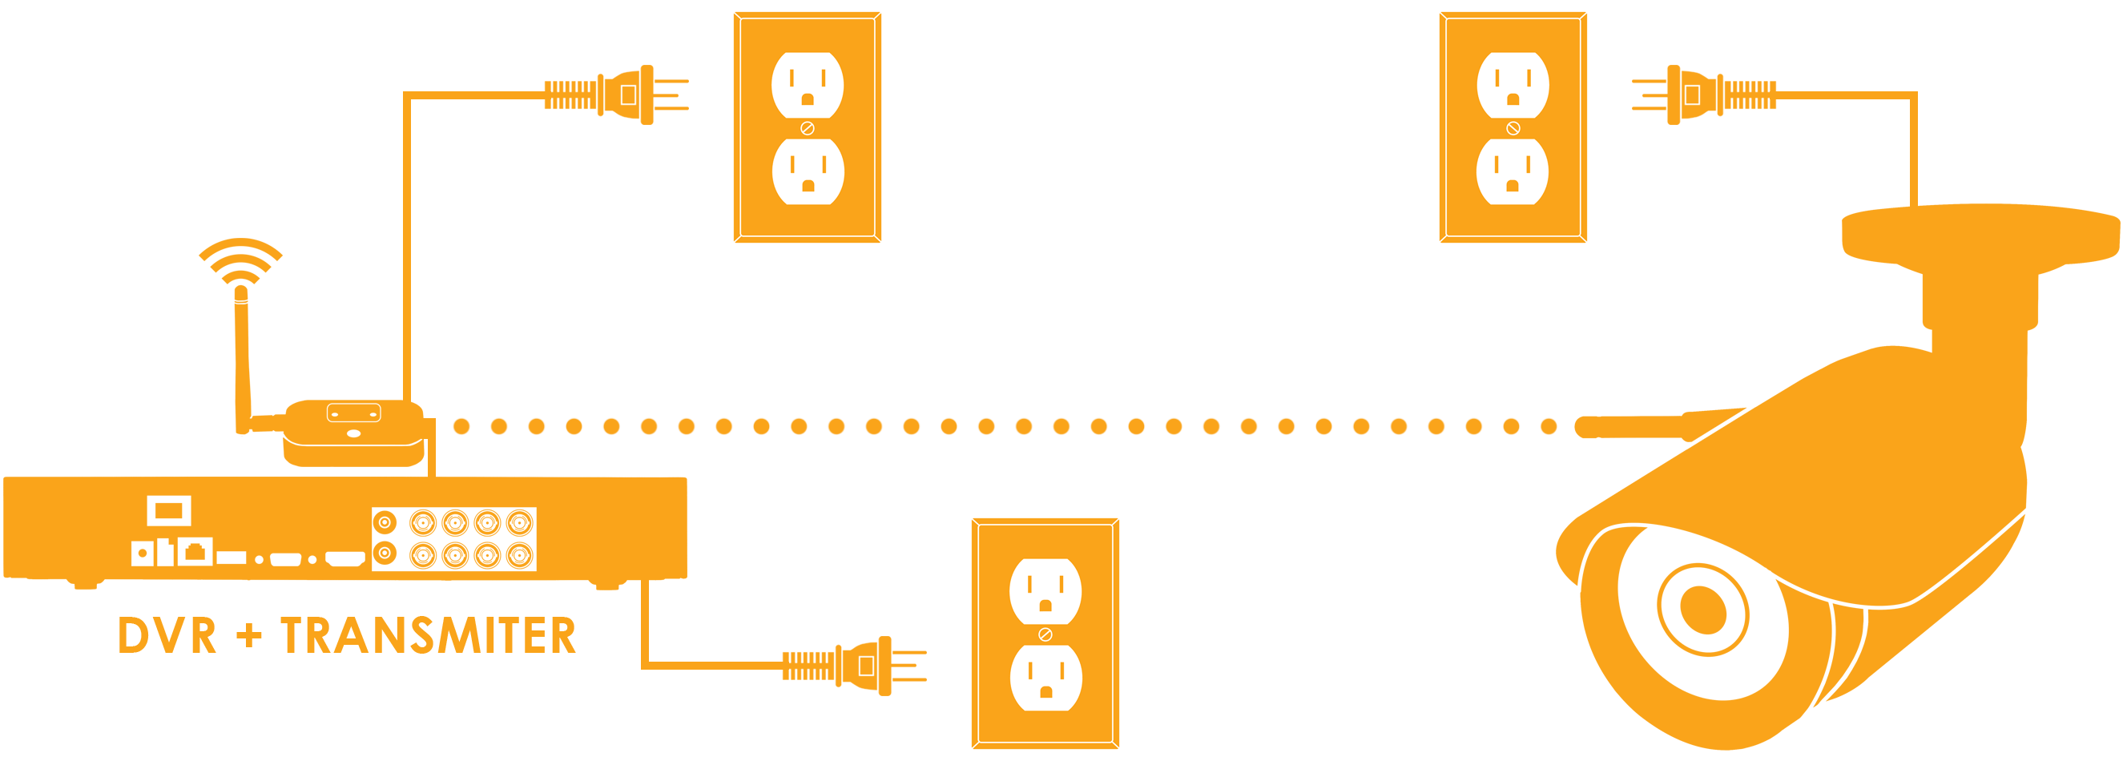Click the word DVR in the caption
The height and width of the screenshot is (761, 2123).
click(x=167, y=635)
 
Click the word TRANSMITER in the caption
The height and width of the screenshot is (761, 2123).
click(x=428, y=635)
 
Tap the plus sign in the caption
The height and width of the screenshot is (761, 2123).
click(x=248, y=636)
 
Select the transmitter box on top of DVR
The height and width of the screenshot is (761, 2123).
click(x=354, y=433)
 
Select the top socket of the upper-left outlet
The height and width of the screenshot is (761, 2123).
click(x=808, y=86)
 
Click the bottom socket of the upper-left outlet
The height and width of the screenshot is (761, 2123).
click(x=808, y=171)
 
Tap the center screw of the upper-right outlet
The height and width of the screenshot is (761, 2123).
click(x=1513, y=129)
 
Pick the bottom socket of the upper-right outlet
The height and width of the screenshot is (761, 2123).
click(x=1513, y=171)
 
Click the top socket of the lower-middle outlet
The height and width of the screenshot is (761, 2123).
click(x=1045, y=592)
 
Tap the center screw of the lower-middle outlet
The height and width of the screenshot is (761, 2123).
click(x=1045, y=635)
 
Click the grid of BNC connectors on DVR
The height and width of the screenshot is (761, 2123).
click(x=454, y=538)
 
